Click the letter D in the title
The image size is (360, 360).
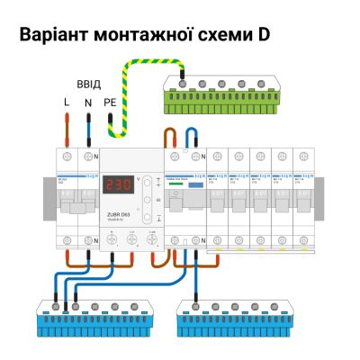[x=262, y=35]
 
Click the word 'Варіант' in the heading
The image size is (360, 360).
[x=57, y=35]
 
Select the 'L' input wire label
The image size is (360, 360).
[x=66, y=103]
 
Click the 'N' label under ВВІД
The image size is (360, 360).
[x=88, y=103]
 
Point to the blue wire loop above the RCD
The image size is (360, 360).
[x=191, y=136]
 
